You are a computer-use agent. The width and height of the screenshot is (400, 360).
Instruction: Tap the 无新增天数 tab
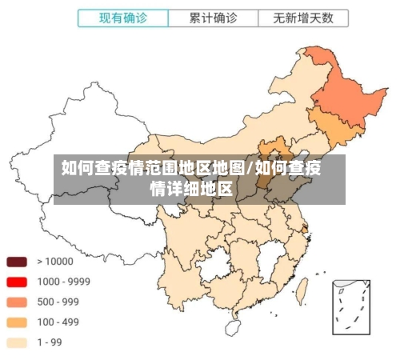tap(302, 17)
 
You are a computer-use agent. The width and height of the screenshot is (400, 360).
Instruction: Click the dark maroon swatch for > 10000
tap(17, 262)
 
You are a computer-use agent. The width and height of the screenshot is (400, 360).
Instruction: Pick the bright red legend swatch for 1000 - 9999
tap(17, 282)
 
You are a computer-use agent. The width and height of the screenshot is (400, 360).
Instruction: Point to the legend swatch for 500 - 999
tap(17, 302)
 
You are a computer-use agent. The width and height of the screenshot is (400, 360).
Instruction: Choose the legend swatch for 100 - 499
tap(17, 322)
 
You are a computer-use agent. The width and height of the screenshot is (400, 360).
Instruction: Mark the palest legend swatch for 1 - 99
tap(17, 342)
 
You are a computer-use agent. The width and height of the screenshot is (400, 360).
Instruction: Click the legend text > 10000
tap(54, 262)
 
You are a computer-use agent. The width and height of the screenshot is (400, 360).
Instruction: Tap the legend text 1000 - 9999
tap(63, 282)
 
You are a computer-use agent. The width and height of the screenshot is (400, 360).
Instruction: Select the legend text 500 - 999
tap(58, 302)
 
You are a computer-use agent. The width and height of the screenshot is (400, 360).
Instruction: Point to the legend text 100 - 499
tap(58, 322)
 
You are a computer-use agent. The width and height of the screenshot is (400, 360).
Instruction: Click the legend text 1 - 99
tap(51, 342)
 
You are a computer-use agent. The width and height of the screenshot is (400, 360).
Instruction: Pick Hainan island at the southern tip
tap(233, 326)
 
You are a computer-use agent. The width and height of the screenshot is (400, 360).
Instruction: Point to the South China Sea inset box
tap(350, 306)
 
